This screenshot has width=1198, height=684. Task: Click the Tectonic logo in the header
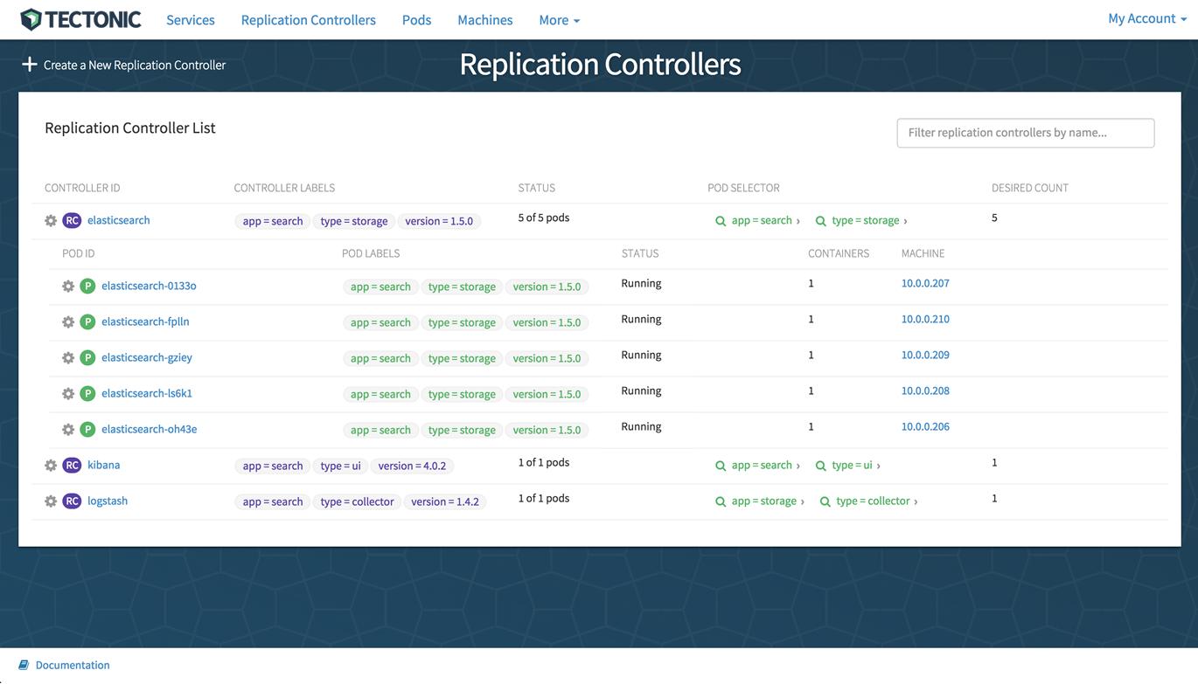[x=80, y=20]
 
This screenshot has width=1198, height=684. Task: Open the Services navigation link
[x=191, y=20]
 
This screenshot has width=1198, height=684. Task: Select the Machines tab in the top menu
[x=485, y=20]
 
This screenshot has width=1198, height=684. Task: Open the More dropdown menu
[x=560, y=20]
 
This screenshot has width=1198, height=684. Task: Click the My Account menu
[x=1147, y=18]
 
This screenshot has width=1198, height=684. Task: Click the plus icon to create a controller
[x=30, y=65]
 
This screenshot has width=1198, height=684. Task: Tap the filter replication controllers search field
[x=1025, y=133]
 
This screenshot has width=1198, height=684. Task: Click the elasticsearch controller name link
[x=119, y=220]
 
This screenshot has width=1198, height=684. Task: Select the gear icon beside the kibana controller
[x=51, y=466]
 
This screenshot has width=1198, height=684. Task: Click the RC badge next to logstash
[x=72, y=501]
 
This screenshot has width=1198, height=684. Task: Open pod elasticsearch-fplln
[x=145, y=321]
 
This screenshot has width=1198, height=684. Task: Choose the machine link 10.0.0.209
[x=925, y=355]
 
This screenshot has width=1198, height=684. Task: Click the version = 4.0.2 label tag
[x=412, y=466]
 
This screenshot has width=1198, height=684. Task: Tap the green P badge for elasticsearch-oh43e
[x=87, y=429]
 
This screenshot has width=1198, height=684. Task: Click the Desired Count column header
[x=1029, y=188]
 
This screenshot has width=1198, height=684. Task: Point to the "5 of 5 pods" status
[x=543, y=218]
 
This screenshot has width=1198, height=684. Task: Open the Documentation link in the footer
[x=73, y=665]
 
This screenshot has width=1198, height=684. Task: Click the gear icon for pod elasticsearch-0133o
[x=68, y=286]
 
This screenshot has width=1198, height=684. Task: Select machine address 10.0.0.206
[x=925, y=426]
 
